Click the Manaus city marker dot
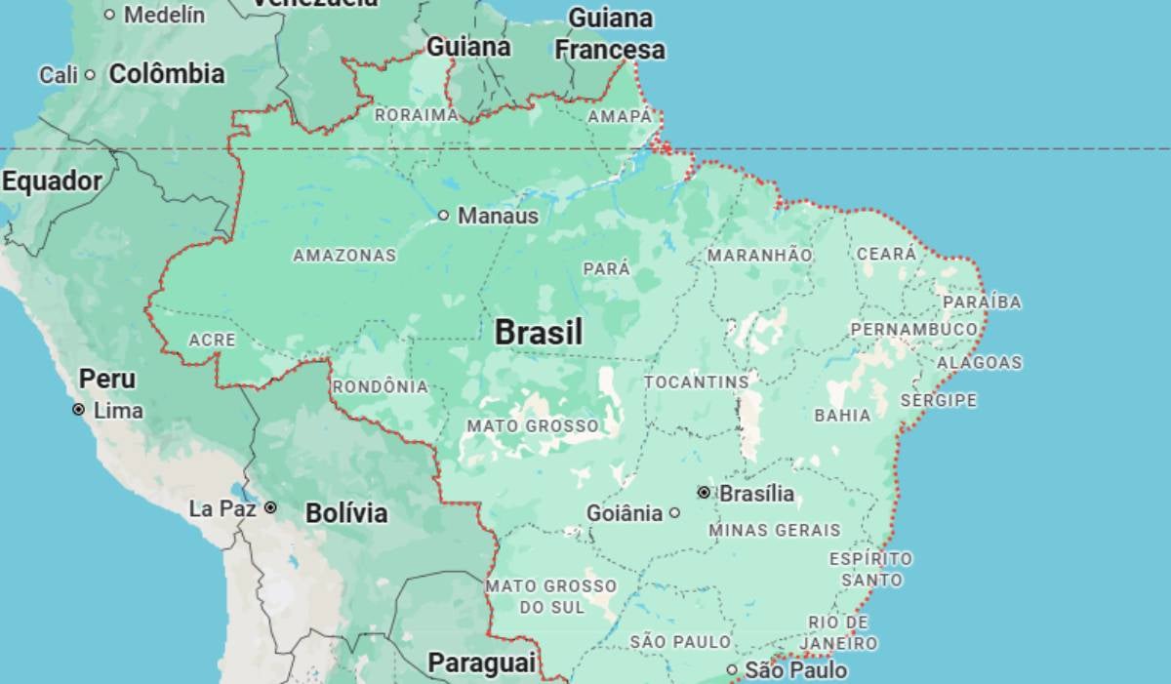coord(443,215)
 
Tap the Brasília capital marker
coord(704,493)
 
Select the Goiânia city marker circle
coord(674,512)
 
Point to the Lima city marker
coord(78,410)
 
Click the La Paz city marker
coord(270,507)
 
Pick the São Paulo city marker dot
coord(732,669)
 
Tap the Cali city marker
coord(90,74)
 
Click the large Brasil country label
coord(539,332)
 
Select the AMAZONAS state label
coord(344,256)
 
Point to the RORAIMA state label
coord(417,114)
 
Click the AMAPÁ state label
coord(620,116)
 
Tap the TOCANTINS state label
coord(697,382)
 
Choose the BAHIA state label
coord(842,415)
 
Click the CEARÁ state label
coord(886,254)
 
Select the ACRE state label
coord(212,340)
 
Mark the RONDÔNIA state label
coord(381,386)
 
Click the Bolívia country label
coord(346,513)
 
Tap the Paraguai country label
coord(482,664)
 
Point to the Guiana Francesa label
coord(610,34)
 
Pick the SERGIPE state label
coord(938,400)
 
